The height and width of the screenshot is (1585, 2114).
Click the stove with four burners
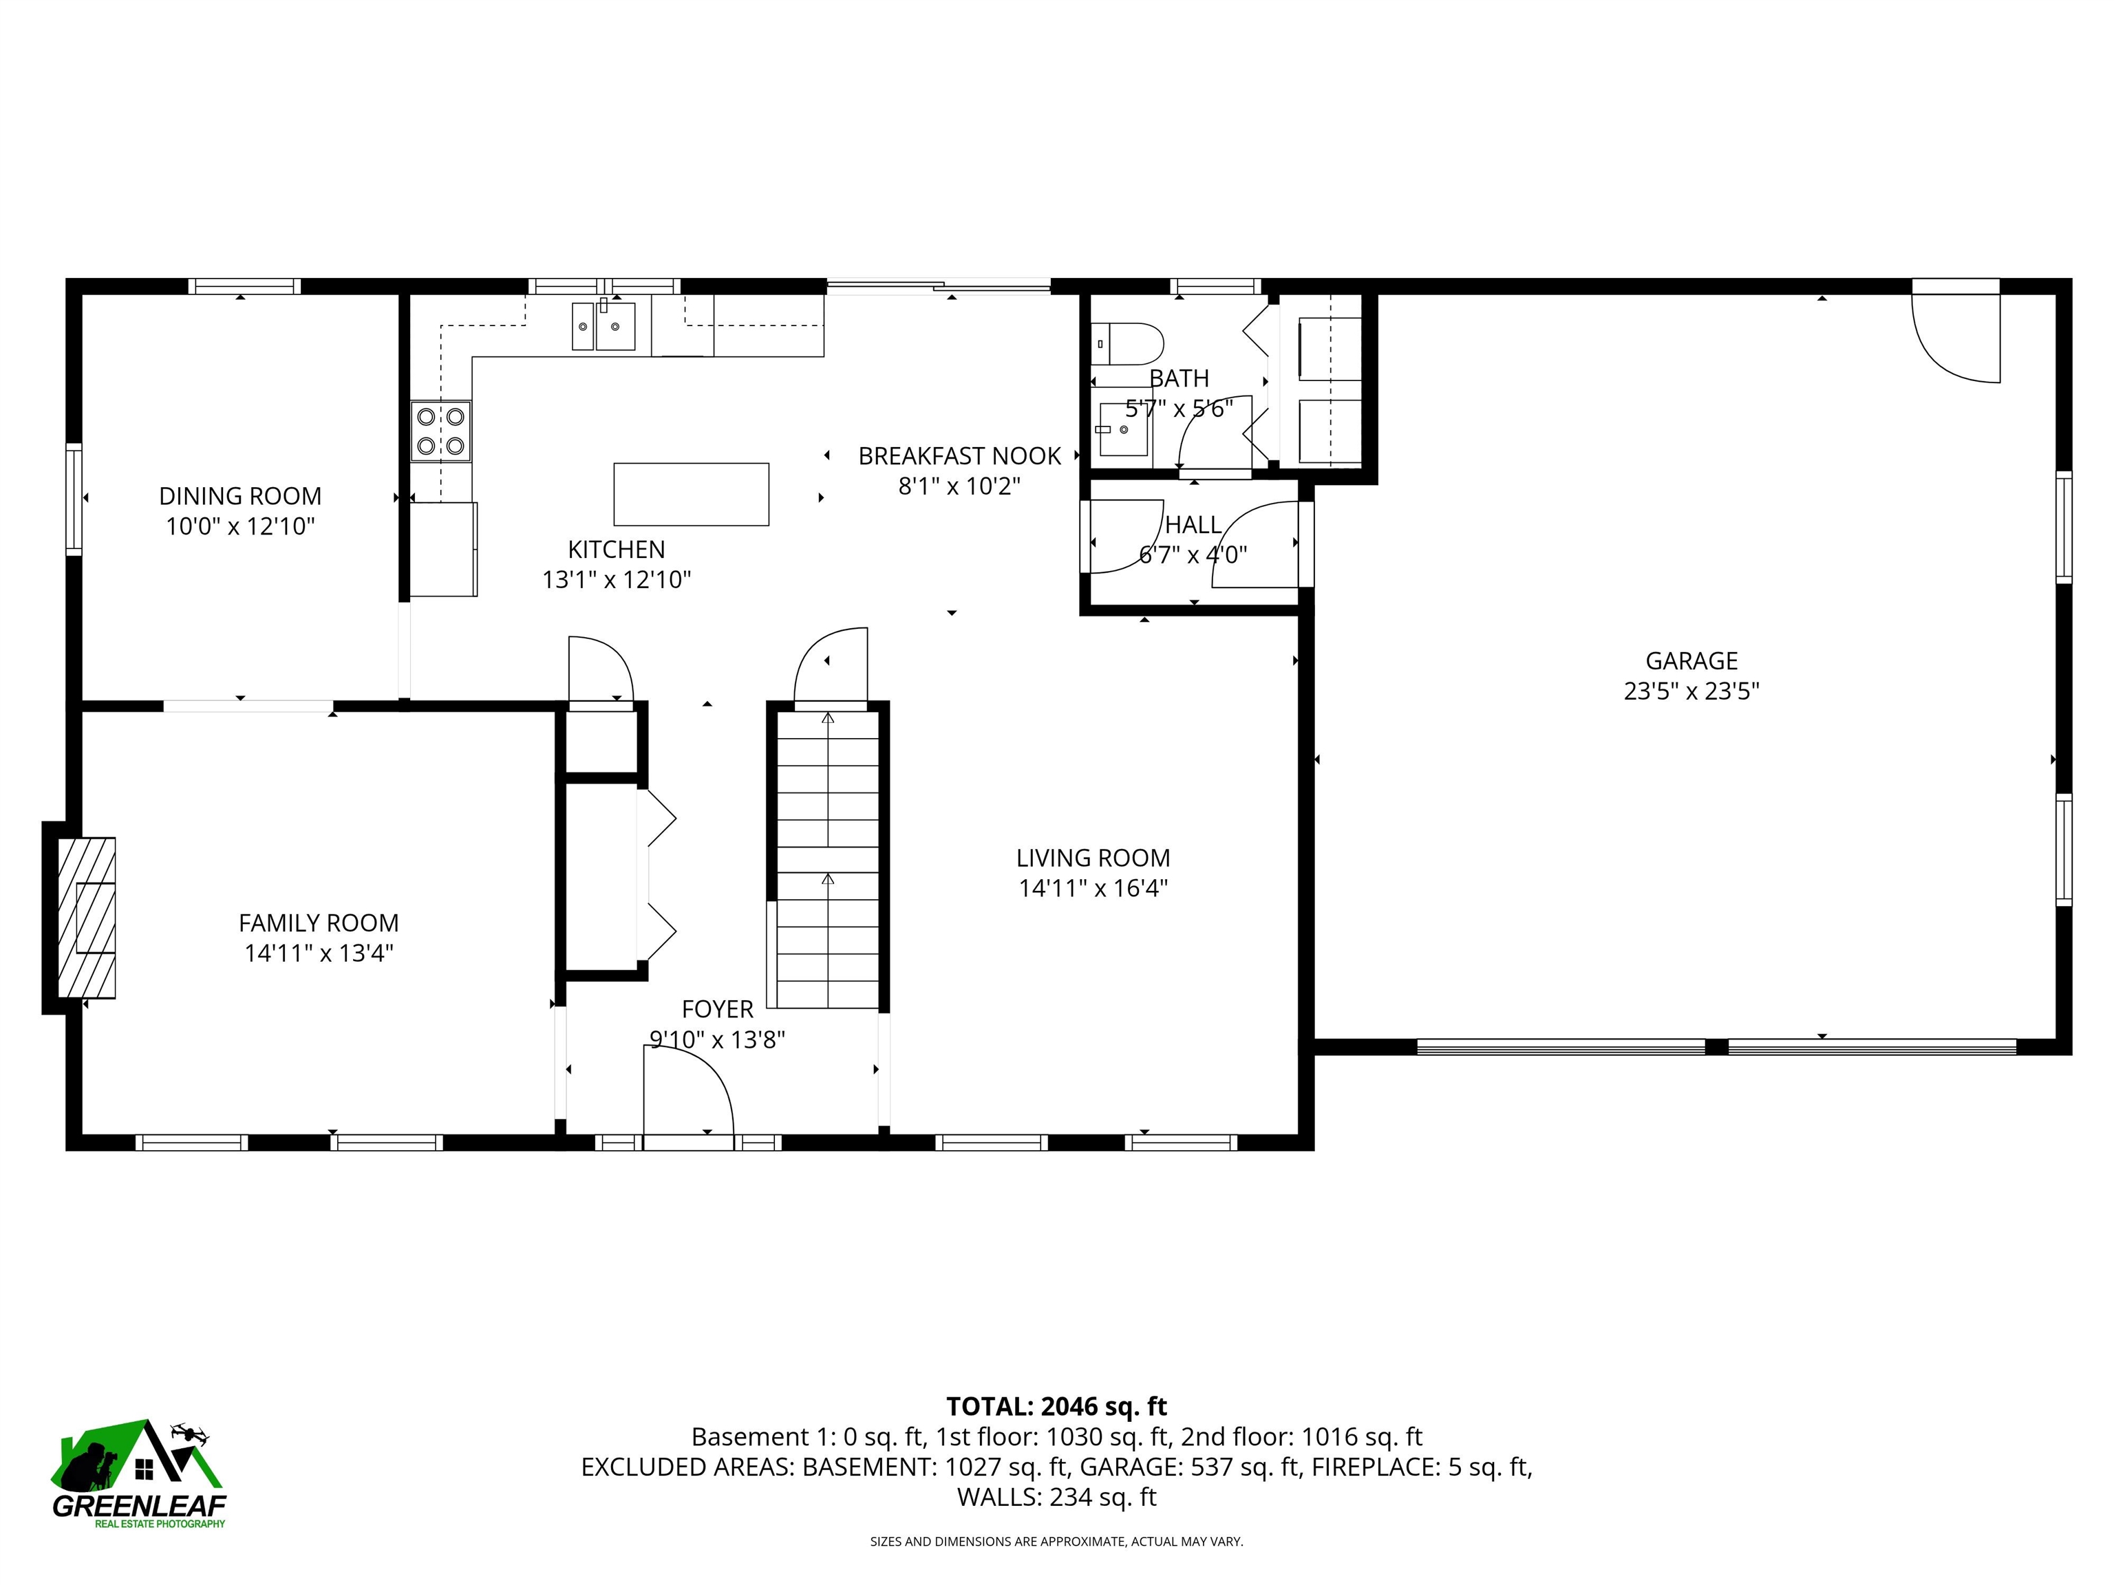coord(440,431)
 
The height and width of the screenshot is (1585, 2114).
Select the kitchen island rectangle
coord(691,494)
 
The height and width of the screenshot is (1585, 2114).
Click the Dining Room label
coord(240,496)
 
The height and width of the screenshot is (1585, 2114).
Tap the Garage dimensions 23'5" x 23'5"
coord(1691,691)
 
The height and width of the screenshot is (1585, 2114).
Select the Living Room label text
coord(1092,858)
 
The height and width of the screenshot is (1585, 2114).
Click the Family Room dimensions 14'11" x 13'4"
coord(318,953)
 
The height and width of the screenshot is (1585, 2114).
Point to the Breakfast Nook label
coord(959,455)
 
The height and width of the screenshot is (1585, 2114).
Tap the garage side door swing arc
coord(1955,339)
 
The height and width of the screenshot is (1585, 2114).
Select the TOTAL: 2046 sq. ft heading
coord(1056,1406)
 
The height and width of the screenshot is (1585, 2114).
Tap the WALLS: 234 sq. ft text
coord(1056,1497)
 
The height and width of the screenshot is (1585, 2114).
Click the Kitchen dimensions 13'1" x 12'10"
coord(617,579)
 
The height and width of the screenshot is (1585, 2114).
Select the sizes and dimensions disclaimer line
coord(1056,1541)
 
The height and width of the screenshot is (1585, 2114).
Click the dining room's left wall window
coord(74,499)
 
